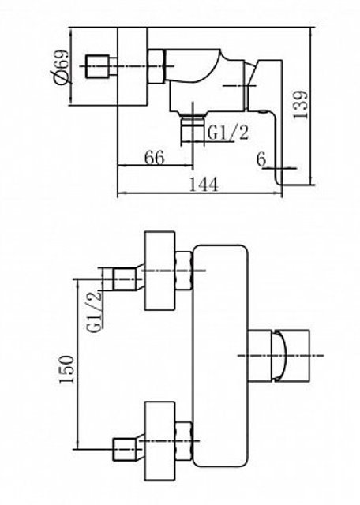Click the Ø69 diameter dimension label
[61, 66]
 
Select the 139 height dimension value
[300, 105]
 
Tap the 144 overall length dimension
[203, 185]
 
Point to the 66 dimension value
[155, 158]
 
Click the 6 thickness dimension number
[261, 159]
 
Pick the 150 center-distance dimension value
[67, 369]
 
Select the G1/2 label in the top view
[228, 133]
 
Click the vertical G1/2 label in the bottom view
[95, 312]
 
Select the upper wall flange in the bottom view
[160, 271]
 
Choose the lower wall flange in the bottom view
[160, 441]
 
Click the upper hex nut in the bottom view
[185, 271]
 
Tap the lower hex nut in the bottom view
[185, 440]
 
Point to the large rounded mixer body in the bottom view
[221, 356]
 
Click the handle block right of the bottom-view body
[279, 356]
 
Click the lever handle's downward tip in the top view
[279, 181]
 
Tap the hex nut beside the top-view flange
[156, 66]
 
